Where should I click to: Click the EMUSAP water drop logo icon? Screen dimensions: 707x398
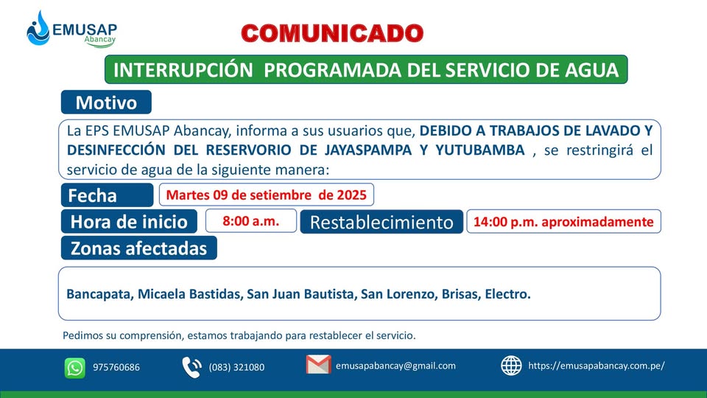point(38,29)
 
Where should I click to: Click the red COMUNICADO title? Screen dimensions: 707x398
point(332,33)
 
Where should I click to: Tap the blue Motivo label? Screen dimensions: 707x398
point(106,102)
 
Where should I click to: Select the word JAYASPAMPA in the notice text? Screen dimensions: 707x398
point(368,150)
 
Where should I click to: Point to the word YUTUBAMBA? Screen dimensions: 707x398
point(479,150)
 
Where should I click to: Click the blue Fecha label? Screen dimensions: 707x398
point(107,195)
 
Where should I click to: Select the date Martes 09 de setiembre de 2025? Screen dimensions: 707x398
point(267,195)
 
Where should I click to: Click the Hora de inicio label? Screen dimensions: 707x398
point(129,222)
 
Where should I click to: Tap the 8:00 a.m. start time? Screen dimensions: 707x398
point(250,221)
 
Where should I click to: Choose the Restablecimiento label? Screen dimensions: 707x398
point(381,222)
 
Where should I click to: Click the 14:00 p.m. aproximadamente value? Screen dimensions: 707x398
point(563,222)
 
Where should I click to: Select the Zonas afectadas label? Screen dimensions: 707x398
point(139,248)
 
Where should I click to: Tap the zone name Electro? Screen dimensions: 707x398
point(507,294)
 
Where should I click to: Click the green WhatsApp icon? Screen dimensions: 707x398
point(75,368)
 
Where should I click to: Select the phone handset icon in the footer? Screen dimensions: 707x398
point(191,367)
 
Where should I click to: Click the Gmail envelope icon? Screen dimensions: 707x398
point(318,365)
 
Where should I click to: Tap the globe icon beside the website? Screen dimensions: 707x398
point(511,366)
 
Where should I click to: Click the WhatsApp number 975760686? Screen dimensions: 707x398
point(116,367)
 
